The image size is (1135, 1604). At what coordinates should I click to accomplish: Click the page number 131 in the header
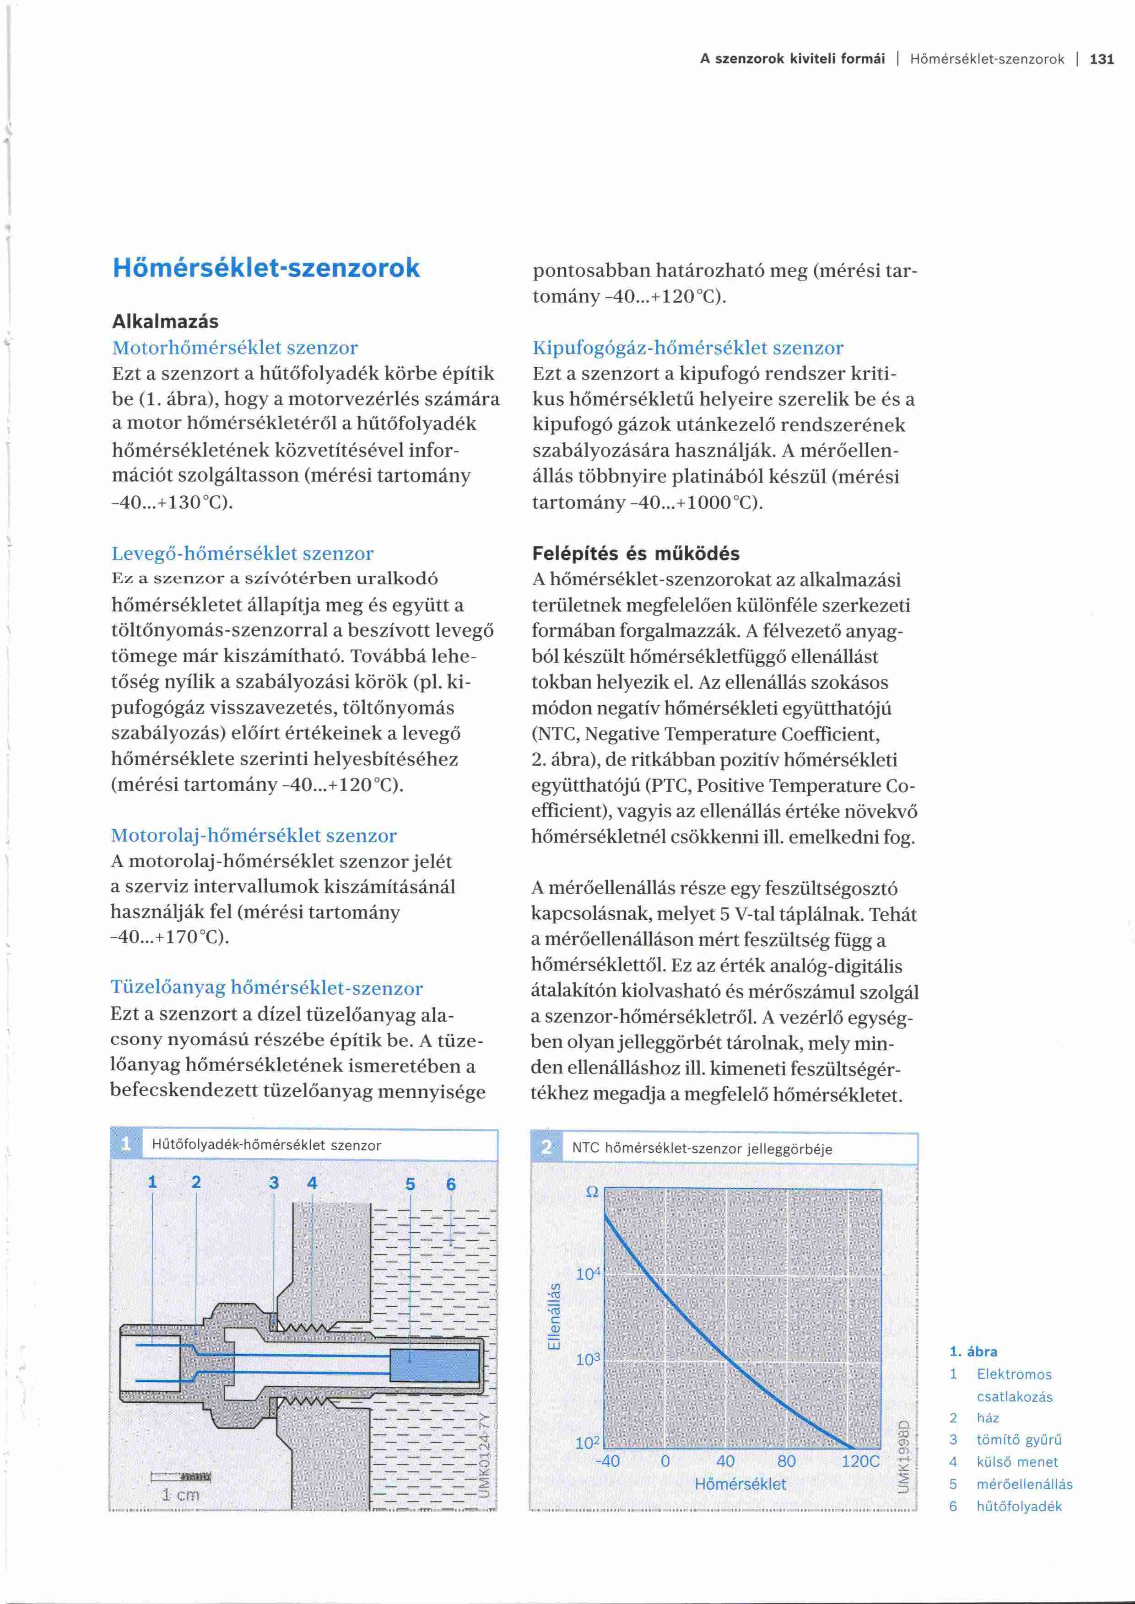[x=1102, y=59]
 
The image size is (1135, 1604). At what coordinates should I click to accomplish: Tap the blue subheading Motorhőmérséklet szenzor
[x=235, y=348]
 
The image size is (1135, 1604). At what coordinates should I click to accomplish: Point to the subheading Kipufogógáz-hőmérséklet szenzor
[x=688, y=348]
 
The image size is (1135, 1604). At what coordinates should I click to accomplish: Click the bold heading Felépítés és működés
[x=635, y=553]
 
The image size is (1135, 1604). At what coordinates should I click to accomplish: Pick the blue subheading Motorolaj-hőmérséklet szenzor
[x=254, y=836]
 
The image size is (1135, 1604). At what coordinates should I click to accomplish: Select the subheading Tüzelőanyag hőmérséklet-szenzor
[x=267, y=988]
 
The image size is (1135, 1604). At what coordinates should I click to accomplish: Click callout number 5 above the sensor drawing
[x=410, y=1184]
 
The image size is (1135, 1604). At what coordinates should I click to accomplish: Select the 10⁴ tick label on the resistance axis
[x=588, y=1274]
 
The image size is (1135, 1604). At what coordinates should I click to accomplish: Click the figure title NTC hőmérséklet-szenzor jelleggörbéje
[x=702, y=1149]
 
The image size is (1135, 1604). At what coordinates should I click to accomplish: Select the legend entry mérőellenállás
[x=1024, y=1485]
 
